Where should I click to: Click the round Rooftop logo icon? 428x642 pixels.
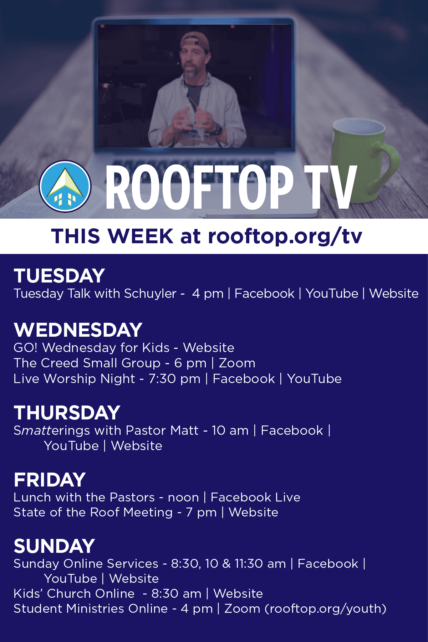click(x=65, y=186)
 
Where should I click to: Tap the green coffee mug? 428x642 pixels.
click(x=364, y=160)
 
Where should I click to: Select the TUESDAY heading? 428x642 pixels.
click(x=59, y=276)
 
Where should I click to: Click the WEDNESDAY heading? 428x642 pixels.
click(x=78, y=330)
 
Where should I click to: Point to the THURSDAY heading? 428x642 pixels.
click(x=67, y=413)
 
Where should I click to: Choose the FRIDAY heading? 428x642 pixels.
click(x=50, y=480)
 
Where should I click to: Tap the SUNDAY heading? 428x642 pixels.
click(x=54, y=546)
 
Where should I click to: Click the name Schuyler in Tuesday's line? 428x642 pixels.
click(x=150, y=294)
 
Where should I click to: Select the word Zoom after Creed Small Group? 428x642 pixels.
click(x=237, y=363)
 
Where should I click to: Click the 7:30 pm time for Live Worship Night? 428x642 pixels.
click(x=174, y=379)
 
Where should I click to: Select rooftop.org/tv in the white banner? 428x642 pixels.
click(x=285, y=236)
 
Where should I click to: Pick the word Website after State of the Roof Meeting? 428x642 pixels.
click(x=254, y=513)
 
